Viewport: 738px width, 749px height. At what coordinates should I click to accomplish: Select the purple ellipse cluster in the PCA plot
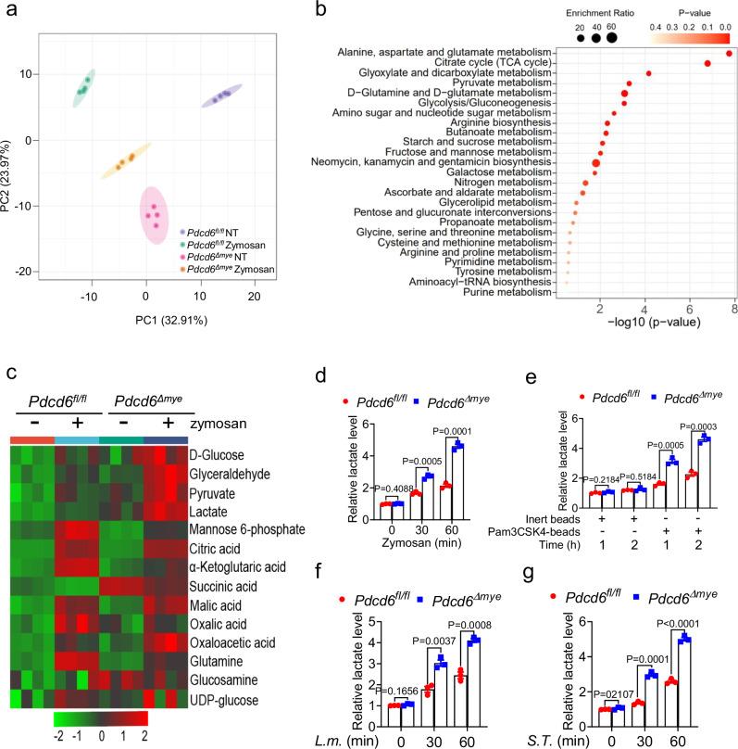pyautogui.click(x=219, y=96)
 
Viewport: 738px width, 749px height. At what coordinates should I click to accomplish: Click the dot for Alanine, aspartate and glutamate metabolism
pyautogui.click(x=729, y=54)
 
